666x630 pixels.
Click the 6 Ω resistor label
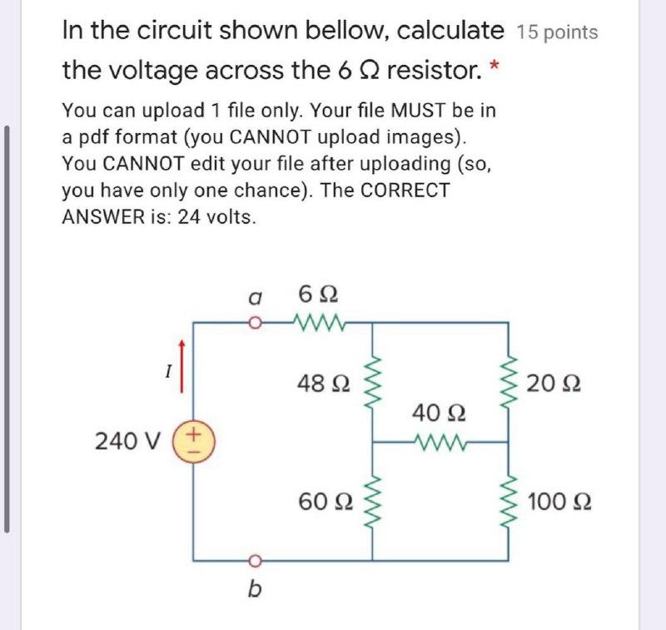(x=317, y=295)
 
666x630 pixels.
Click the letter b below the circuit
(x=255, y=590)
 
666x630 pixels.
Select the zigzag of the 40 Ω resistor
(x=440, y=442)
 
